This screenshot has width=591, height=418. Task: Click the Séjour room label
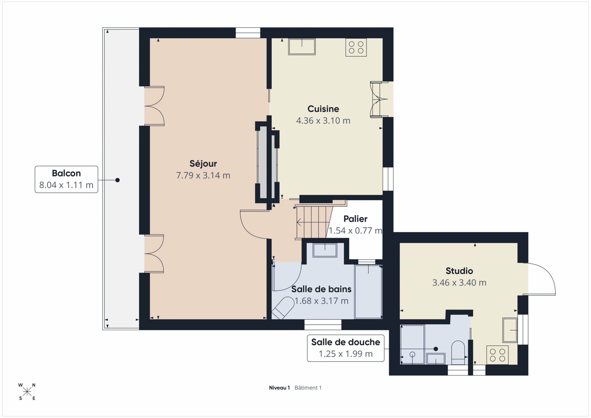point(203,164)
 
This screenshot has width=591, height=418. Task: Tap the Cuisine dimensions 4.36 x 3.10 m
point(323,121)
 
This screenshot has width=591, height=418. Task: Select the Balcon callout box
point(66,179)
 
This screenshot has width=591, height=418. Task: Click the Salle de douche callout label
point(346,342)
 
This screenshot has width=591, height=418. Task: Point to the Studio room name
point(459,271)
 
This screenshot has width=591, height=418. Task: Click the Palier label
point(356,219)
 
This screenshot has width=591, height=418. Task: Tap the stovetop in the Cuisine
point(356,47)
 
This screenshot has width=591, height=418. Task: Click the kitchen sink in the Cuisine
point(302,46)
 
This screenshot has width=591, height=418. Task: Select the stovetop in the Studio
point(498,355)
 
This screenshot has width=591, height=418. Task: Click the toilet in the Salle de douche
point(458,353)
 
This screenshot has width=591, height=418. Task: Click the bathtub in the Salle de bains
point(368,292)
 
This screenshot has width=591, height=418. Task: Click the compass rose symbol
point(27,391)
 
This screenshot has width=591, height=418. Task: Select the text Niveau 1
point(279,388)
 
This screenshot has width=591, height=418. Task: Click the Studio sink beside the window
point(510,330)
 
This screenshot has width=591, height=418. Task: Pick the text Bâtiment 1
point(308,388)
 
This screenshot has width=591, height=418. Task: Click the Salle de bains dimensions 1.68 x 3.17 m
point(321,301)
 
